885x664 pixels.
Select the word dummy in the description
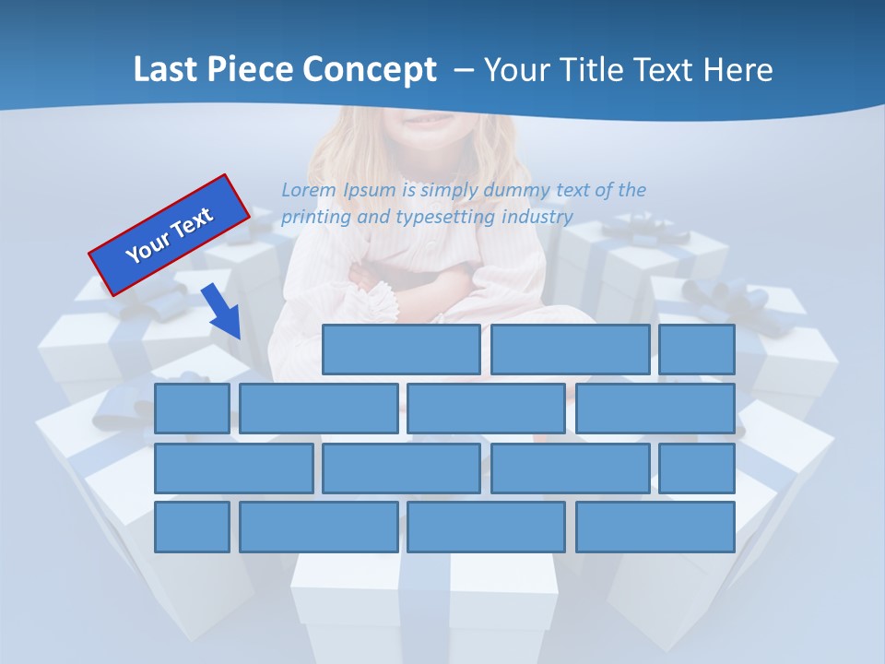[x=516, y=190]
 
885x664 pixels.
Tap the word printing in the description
[x=316, y=218]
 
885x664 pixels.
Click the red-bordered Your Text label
[x=170, y=234]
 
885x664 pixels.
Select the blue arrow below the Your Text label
[x=222, y=312]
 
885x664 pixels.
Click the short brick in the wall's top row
[x=696, y=350]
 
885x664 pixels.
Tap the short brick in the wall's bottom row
[x=192, y=527]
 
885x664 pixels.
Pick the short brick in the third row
[x=696, y=468]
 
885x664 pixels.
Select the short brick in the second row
[x=192, y=409]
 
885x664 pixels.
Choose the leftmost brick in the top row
[x=401, y=350]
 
